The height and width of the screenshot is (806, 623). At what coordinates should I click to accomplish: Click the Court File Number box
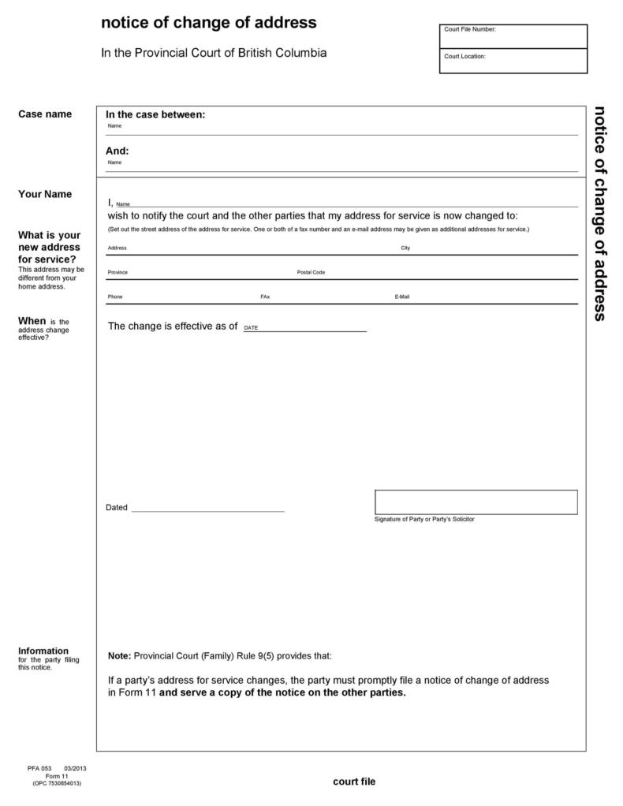click(513, 36)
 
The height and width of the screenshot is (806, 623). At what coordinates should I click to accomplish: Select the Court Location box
click(513, 62)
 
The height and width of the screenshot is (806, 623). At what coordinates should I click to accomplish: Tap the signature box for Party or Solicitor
click(476, 502)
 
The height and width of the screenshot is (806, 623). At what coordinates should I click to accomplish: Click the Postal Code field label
click(311, 272)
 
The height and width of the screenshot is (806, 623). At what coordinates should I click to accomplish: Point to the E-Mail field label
click(402, 297)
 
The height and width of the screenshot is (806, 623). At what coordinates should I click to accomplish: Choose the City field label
click(405, 248)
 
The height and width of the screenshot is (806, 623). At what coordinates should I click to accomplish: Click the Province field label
click(118, 272)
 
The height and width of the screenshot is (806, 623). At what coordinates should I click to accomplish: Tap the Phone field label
click(115, 297)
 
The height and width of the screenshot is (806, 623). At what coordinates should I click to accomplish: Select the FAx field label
click(265, 297)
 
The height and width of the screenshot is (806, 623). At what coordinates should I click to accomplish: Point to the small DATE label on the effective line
click(251, 327)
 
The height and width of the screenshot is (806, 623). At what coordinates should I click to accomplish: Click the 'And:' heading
click(118, 151)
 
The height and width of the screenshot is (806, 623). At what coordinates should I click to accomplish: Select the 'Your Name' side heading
click(45, 194)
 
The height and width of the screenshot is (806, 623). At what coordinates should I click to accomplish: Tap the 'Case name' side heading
click(45, 114)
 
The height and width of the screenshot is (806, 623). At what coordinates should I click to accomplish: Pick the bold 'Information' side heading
click(43, 651)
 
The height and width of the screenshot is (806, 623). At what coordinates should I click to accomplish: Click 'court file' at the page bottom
click(354, 782)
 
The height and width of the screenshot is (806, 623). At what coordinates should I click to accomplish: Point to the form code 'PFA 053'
click(39, 767)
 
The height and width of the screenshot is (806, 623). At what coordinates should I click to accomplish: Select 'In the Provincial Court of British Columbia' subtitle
click(214, 54)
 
